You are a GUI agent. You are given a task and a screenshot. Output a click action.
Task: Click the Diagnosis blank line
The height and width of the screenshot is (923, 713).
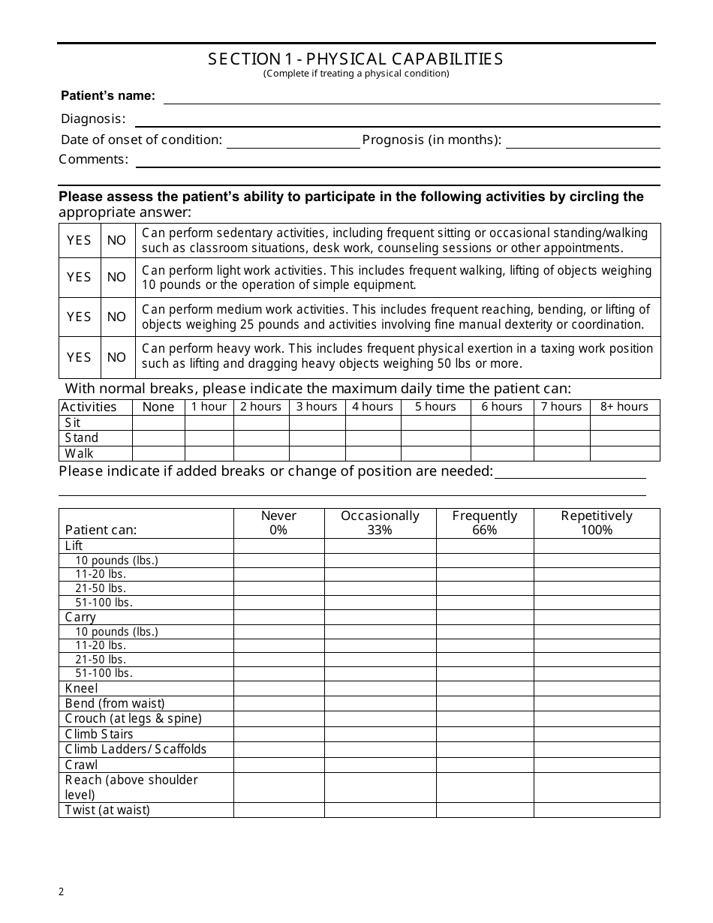(397, 119)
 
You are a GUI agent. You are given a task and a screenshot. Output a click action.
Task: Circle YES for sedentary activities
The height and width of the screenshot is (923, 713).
(79, 240)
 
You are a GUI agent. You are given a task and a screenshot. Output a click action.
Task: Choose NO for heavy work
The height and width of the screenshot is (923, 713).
(116, 357)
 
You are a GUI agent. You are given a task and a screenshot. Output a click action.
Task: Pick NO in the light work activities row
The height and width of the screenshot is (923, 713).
(116, 277)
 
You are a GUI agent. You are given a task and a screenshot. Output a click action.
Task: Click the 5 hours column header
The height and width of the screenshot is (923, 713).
(435, 407)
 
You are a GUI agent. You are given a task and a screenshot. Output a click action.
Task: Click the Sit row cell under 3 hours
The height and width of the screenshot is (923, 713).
(317, 422)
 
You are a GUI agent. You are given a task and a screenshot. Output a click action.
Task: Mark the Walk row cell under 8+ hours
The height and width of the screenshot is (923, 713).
(624, 453)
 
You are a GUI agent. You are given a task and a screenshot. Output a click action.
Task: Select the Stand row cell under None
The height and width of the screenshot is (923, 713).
(158, 437)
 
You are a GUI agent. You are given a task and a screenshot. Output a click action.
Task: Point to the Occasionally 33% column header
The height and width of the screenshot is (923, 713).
(380, 523)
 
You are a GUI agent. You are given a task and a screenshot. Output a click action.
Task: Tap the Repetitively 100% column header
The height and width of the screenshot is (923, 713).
(597, 523)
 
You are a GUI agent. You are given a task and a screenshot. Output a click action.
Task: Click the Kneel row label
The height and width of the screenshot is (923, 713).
(82, 688)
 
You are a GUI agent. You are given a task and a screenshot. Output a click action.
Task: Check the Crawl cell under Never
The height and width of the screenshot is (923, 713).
(278, 765)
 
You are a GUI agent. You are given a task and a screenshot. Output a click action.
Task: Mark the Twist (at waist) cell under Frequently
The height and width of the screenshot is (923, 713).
(484, 810)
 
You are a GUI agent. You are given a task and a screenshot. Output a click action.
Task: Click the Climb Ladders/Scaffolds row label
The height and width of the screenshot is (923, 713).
(136, 749)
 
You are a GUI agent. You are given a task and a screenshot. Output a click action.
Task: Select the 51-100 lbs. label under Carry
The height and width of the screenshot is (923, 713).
(104, 673)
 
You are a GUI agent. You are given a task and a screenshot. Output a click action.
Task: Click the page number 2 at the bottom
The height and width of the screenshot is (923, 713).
(62, 891)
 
